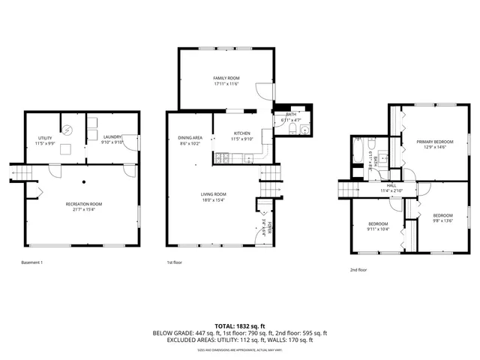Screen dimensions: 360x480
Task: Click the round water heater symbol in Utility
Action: tap(67, 128)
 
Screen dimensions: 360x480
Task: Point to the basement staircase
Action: tap(19, 174)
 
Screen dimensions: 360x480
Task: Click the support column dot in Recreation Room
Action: tap(84, 181)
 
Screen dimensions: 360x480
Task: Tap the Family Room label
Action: tap(225, 78)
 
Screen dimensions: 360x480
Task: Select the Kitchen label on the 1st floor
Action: tap(241, 133)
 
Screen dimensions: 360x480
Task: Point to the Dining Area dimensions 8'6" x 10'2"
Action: tap(190, 142)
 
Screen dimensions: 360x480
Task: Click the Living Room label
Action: tap(213, 195)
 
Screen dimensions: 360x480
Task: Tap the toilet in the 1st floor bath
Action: tap(289, 132)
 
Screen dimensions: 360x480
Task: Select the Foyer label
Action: tap(271, 226)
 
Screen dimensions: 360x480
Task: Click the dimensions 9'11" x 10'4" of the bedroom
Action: tap(378, 229)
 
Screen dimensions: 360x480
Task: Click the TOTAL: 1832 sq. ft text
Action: tap(240, 325)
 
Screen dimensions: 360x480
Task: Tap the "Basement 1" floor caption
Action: tap(32, 262)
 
